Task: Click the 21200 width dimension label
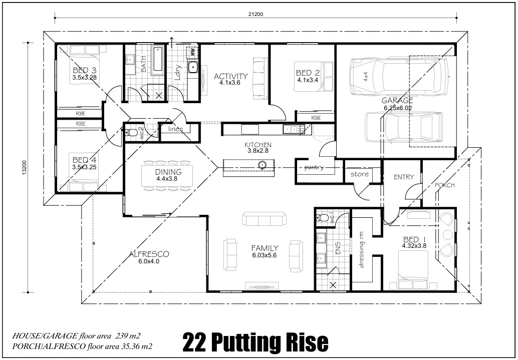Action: point(255,14)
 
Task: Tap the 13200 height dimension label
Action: point(24,168)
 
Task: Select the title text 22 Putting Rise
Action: point(255,342)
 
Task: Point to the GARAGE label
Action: point(397,101)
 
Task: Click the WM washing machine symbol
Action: point(192,52)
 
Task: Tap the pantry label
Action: point(314,167)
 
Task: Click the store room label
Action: point(359,174)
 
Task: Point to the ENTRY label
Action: point(404,177)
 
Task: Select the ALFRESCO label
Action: point(149,254)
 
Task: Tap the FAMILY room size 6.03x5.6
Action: point(265,255)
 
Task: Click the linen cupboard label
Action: point(175,129)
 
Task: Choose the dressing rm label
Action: point(361,250)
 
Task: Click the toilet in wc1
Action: point(322,218)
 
